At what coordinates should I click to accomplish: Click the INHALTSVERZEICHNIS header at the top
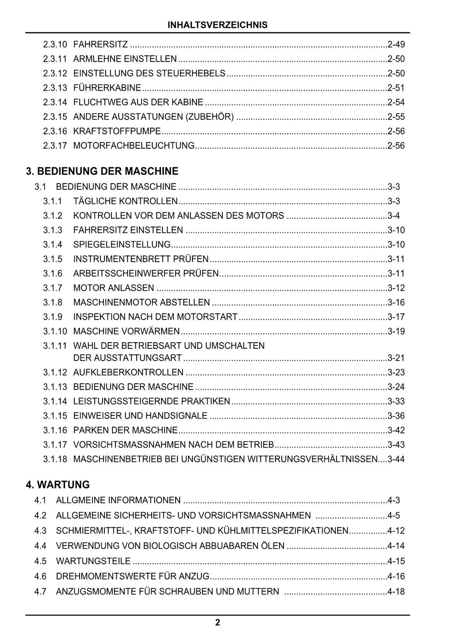click(x=217, y=25)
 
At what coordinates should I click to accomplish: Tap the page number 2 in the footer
click(x=217, y=623)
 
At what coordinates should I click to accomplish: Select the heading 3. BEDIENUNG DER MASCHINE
click(x=102, y=171)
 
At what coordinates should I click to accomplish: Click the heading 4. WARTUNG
click(x=58, y=485)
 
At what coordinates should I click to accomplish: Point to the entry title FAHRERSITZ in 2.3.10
click(x=100, y=44)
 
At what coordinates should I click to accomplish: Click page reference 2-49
click(x=396, y=44)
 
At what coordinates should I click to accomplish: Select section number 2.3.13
click(x=55, y=88)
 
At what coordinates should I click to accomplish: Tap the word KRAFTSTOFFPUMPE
click(x=117, y=131)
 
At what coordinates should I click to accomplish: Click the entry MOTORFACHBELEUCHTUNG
click(x=134, y=146)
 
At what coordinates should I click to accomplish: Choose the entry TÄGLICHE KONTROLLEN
click(x=125, y=201)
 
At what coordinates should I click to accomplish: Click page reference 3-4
click(x=394, y=216)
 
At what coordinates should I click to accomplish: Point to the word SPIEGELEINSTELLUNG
click(x=122, y=244)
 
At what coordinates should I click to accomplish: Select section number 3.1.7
click(x=53, y=288)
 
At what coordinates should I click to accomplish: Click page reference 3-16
click(x=396, y=302)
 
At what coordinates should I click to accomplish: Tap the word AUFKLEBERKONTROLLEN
click(x=128, y=372)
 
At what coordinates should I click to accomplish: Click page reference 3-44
click(x=396, y=459)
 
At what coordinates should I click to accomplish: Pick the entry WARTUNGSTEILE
click(x=93, y=561)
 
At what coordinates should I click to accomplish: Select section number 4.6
click(x=40, y=576)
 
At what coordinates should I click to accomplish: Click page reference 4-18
click(x=396, y=591)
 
